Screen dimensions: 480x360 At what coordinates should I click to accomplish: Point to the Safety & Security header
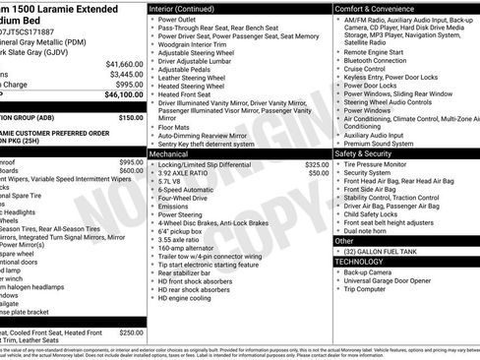(x=365, y=153)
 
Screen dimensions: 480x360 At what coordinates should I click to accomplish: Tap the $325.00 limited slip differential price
(x=317, y=164)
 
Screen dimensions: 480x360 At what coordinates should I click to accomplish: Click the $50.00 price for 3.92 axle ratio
(x=319, y=173)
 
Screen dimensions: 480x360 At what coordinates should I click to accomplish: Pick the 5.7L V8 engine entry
(x=171, y=182)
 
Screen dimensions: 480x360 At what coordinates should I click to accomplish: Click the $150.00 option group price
(x=131, y=116)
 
